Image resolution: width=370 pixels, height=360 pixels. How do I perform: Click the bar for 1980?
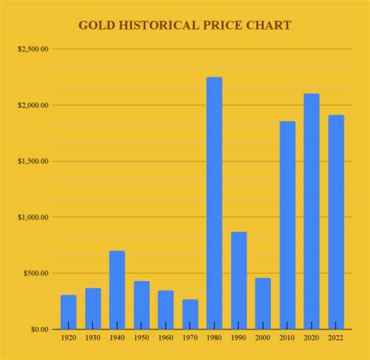click(x=214, y=203)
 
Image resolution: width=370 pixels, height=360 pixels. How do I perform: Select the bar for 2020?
click(x=311, y=211)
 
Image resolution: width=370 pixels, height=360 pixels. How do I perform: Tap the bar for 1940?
click(x=117, y=290)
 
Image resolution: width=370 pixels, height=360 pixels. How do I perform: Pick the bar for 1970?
click(x=190, y=314)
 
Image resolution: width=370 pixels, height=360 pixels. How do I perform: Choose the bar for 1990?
click(x=239, y=280)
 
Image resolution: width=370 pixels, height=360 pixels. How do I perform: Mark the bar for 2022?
click(x=336, y=222)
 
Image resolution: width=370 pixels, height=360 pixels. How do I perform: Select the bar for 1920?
click(x=69, y=312)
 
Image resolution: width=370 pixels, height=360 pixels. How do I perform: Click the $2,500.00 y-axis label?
click(x=33, y=49)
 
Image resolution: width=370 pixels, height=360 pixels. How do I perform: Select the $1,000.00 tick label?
click(x=33, y=217)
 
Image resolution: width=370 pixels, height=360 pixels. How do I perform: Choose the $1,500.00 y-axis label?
click(x=33, y=162)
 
